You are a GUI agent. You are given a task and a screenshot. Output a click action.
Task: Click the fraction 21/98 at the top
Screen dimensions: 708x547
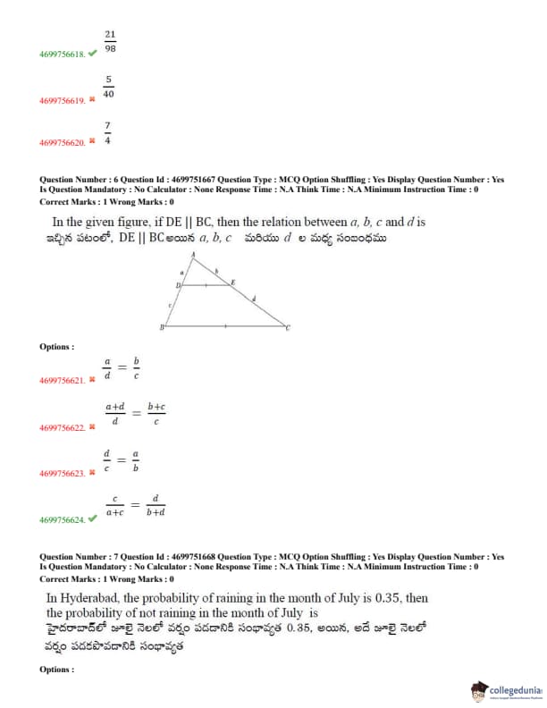click(110, 40)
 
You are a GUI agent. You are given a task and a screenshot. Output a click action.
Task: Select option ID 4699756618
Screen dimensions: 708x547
click(62, 55)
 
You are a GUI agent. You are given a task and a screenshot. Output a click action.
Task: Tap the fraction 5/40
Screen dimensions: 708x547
click(108, 86)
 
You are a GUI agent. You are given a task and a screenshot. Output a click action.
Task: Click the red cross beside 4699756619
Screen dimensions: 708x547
click(92, 99)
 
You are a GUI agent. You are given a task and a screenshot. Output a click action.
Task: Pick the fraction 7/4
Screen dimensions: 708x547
click(107, 132)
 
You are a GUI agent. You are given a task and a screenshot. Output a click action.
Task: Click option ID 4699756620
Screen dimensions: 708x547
click(62, 143)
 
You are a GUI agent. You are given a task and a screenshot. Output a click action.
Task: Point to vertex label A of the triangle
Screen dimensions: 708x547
click(194, 255)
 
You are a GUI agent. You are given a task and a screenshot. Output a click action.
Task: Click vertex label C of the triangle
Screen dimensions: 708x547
click(289, 329)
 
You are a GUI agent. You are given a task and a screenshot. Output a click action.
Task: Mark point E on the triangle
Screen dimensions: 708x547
click(234, 282)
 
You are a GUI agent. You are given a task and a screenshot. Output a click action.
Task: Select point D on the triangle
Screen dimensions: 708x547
click(178, 285)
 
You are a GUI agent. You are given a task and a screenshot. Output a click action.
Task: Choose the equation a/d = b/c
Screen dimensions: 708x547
click(122, 368)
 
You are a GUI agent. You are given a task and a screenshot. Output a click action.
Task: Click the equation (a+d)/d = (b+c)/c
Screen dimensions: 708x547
click(135, 414)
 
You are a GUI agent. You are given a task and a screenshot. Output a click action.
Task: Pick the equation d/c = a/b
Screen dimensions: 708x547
click(122, 460)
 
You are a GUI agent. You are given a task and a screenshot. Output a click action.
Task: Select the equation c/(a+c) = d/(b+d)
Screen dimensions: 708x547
click(135, 506)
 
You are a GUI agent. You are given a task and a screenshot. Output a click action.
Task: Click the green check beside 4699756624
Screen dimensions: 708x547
click(93, 518)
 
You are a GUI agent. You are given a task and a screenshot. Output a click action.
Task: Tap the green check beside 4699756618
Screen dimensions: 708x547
click(93, 54)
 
